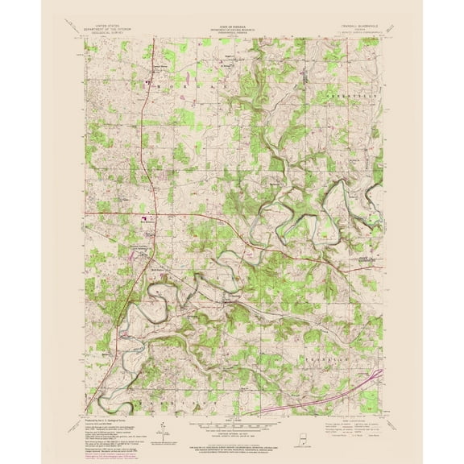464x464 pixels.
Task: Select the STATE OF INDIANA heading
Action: pos(232,25)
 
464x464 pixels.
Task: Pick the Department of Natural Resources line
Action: pos(232,29)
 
